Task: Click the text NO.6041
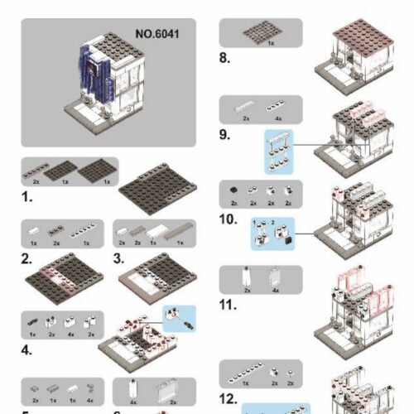pyautogui.click(x=157, y=35)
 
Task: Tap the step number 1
pyautogui.click(x=27, y=199)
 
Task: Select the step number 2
pyautogui.click(x=27, y=259)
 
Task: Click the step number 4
pyautogui.click(x=28, y=349)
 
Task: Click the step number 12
pyautogui.click(x=229, y=398)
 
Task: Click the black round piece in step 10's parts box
pyautogui.click(x=234, y=190)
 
